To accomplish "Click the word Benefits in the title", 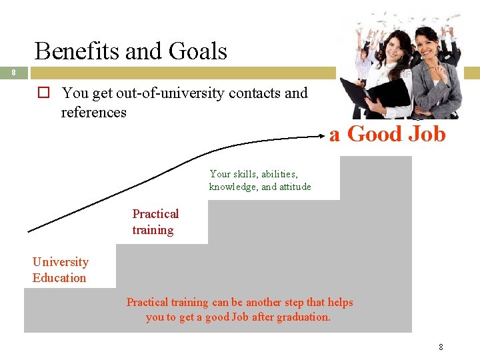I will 76,51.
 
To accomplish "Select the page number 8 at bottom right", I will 440,347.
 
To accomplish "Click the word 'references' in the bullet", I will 93,112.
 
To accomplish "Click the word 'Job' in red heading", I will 424,134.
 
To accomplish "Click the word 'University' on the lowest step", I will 60,262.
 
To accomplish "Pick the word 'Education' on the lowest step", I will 59,278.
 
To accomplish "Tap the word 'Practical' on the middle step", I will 155,214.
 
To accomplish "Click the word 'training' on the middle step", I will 153,230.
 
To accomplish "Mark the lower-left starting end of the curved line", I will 29,231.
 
